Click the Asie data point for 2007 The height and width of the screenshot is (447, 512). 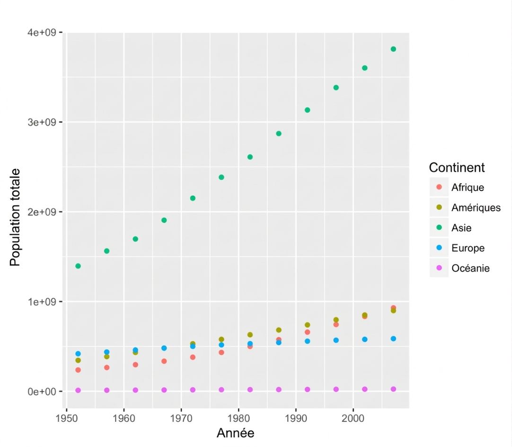coord(393,49)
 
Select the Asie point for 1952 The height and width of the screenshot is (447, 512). coord(78,266)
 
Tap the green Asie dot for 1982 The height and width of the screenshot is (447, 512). coord(250,157)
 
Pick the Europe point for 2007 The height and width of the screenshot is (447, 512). coord(393,339)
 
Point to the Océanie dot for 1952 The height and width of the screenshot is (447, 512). coord(78,390)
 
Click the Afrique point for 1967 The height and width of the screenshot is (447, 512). coord(164,361)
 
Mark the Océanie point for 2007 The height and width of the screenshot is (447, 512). coord(393,389)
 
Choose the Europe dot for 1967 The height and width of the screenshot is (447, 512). coord(164,348)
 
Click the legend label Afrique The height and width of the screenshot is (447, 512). coord(468,188)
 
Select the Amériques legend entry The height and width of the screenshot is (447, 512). coord(476,207)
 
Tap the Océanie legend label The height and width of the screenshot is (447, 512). coord(470,268)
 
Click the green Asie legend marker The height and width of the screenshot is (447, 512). coord(439,227)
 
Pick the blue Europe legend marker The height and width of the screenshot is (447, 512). coord(439,248)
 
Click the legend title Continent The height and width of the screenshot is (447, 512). coord(457,167)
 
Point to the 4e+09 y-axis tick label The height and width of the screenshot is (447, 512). coord(42,32)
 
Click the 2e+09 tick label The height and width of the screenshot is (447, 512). coord(42,212)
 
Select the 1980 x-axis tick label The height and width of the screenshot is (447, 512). coord(238,418)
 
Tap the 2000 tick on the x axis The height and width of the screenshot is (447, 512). coord(353,418)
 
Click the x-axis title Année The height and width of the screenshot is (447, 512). coord(236,433)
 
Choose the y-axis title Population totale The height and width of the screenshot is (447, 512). coord(15,217)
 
